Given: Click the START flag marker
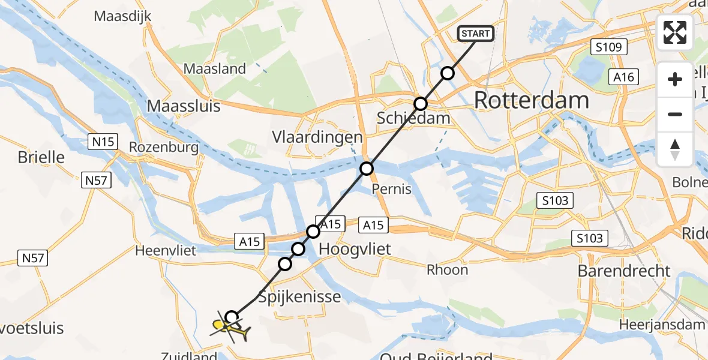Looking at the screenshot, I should point(476,34).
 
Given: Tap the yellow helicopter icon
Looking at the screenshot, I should point(230,328).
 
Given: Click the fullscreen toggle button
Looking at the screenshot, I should point(675,32).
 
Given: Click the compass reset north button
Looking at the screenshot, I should point(675,149).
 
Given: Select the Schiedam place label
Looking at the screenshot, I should point(413,118).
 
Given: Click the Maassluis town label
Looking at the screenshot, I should point(184,106).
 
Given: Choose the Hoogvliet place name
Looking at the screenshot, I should point(355,248).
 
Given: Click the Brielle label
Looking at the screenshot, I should point(41,157).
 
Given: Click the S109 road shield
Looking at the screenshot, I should point(608,47).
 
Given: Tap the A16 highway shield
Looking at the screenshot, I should point(623,76).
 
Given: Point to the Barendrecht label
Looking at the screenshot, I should point(624,271).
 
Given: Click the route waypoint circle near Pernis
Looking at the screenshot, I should point(367,169).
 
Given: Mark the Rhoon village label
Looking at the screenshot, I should point(447,269).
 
